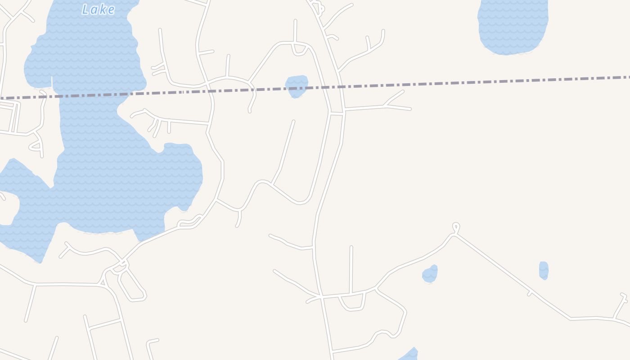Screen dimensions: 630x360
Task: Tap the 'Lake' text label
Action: (98, 9)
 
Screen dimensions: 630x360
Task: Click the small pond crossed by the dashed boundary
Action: (297, 85)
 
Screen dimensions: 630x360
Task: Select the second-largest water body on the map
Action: (513, 27)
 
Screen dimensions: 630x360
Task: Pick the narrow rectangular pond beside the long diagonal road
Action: (544, 270)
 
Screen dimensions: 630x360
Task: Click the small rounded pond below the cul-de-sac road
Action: (430, 274)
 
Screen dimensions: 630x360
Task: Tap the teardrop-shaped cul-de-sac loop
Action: (456, 227)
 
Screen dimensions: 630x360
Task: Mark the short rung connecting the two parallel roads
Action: (337, 113)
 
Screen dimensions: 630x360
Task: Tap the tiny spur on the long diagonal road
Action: (530, 294)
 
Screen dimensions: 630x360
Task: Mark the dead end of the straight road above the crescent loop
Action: (351, 247)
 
